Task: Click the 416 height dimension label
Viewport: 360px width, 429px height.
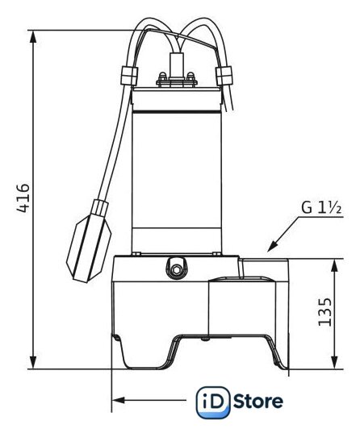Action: click(23, 198)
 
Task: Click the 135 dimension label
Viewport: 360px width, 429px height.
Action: click(325, 311)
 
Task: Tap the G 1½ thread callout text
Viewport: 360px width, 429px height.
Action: click(322, 208)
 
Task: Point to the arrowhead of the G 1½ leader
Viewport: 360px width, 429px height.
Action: click(272, 247)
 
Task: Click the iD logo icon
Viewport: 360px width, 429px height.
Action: click(213, 402)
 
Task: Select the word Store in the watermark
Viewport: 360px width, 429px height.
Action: click(258, 402)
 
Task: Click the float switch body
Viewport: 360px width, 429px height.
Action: click(89, 248)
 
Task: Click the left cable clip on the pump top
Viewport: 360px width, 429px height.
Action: click(128, 76)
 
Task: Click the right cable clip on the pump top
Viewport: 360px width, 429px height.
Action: click(224, 76)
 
